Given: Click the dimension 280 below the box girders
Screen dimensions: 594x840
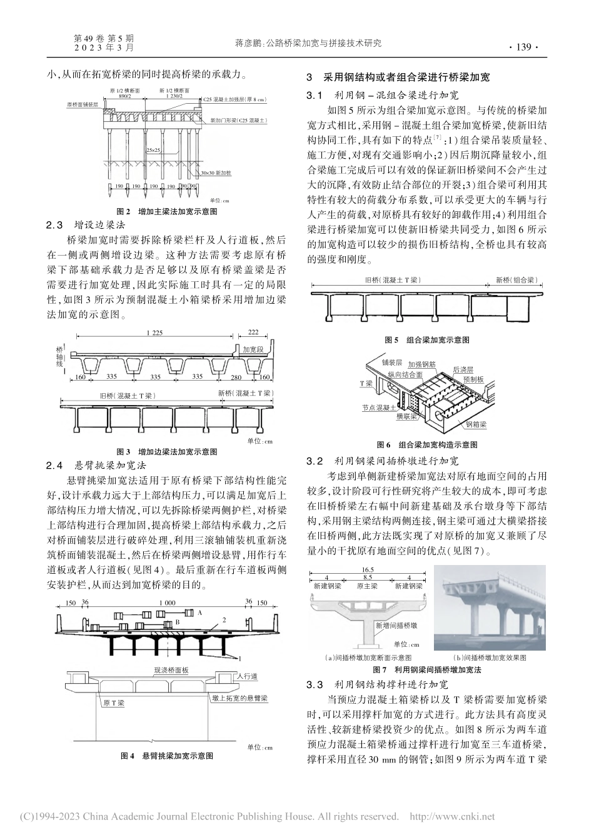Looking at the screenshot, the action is (236, 377).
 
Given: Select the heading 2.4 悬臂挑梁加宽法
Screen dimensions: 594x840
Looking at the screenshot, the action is (96, 465).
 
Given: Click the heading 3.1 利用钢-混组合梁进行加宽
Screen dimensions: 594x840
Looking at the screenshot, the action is (383, 96).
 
